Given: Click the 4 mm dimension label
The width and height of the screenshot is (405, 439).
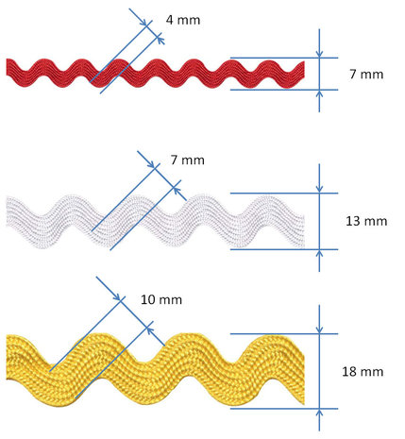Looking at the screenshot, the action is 183,20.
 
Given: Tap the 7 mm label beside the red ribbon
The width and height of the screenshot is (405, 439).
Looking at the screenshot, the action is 366,75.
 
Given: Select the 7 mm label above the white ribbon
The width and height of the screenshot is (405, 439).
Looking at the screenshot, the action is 188,160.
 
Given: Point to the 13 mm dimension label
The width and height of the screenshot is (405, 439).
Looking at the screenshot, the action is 366,221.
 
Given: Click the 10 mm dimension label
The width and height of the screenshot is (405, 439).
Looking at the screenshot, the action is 161,299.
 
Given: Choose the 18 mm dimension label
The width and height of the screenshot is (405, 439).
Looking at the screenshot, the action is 363,372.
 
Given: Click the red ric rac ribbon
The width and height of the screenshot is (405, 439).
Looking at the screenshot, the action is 156,74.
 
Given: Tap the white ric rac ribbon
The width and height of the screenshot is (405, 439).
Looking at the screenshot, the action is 156,222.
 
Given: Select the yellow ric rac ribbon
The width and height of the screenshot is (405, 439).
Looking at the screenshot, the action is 156,370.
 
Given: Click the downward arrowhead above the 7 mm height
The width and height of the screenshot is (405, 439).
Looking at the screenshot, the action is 319,54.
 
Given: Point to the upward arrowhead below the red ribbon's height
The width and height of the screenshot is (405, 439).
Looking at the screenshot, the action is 319,93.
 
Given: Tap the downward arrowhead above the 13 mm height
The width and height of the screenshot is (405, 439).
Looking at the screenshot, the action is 319,189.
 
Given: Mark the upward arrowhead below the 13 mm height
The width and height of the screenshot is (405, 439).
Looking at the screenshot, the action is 319,254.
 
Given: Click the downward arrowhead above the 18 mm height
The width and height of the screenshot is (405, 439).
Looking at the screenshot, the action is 319,329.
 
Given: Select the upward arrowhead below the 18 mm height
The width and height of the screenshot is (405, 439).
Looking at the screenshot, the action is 319,414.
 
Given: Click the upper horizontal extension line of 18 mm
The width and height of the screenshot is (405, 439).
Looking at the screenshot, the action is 284,333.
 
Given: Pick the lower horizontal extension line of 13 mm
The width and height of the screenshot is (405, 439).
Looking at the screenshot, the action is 284,249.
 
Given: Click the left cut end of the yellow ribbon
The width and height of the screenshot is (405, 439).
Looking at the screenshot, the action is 8,358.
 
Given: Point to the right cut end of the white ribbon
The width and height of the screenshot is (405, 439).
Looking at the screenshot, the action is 304,231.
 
